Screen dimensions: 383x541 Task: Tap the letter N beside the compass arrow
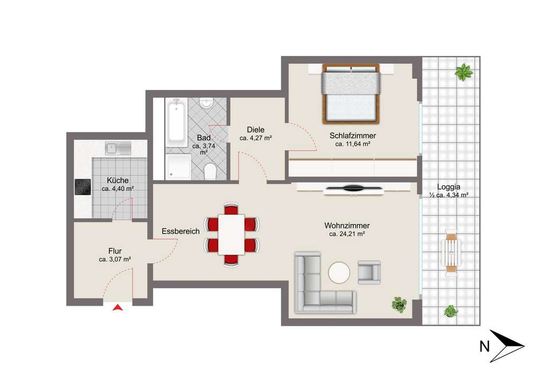483,346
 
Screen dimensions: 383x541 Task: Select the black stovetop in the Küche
83,187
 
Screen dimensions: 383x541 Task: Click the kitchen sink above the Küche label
118,148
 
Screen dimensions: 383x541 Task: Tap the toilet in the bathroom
210,171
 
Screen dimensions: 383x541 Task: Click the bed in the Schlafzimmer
351,93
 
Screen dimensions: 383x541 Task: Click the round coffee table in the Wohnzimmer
340,273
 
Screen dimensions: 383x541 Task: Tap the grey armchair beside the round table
369,271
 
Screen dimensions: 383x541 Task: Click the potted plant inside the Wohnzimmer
399,304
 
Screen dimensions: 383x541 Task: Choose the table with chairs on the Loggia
452,253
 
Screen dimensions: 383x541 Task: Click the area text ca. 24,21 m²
348,234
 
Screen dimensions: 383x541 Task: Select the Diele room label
255,130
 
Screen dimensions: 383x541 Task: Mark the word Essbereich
180,231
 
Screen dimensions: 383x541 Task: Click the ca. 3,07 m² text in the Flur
115,260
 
